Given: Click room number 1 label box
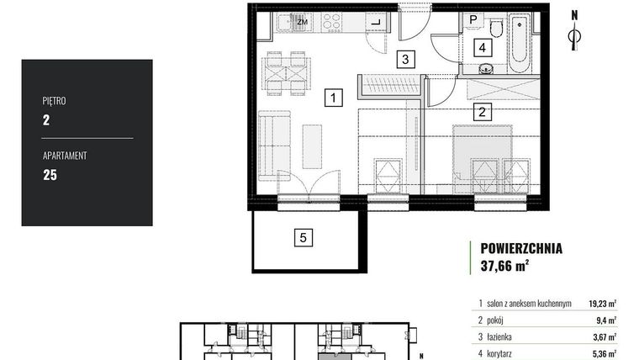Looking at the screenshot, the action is [x=333, y=98].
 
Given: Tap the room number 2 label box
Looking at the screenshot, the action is [x=482, y=111].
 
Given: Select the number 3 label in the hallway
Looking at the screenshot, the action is [x=405, y=59].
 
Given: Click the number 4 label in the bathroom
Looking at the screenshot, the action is [x=483, y=48].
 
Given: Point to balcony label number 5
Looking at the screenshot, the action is [x=304, y=238].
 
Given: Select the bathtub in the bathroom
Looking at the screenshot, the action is [x=520, y=43].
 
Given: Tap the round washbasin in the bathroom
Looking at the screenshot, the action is [x=485, y=69].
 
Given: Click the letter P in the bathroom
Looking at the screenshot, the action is [x=473, y=19].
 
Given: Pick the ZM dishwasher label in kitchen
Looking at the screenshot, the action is [x=302, y=22].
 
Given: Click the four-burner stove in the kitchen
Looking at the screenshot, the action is [x=331, y=22].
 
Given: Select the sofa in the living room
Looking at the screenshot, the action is [x=275, y=146].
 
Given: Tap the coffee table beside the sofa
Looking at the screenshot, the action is [x=312, y=146].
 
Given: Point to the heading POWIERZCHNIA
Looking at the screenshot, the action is [x=521, y=248].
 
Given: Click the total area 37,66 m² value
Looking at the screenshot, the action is [x=505, y=266].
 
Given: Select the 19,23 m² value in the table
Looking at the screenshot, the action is [x=602, y=304].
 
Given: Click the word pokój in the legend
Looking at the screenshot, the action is [x=495, y=320].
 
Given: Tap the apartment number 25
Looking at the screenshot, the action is [x=50, y=175].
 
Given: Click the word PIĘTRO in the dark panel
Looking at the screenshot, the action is [x=54, y=101].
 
